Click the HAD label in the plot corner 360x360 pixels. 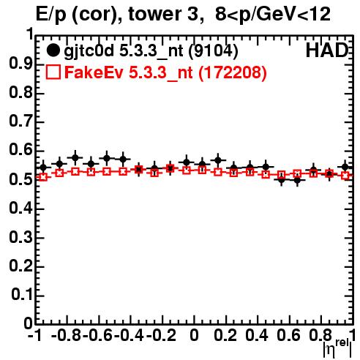pyautogui.click(x=327, y=50)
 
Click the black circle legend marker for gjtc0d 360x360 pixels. pyautogui.click(x=53, y=50)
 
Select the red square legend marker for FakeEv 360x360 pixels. pyautogui.click(x=53, y=72)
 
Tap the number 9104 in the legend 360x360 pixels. pyautogui.click(x=213, y=50)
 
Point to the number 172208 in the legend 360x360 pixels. pyautogui.click(x=233, y=72)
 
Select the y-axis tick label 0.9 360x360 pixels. pyautogui.click(x=20, y=64)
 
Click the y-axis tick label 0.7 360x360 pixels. pyautogui.click(x=20, y=121)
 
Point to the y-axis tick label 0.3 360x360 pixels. pyautogui.click(x=20, y=237)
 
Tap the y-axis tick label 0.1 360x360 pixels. pyautogui.click(x=22, y=295)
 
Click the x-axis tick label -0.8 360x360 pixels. pyautogui.click(x=67, y=335)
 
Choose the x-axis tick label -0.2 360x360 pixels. pyautogui.click(x=161, y=335)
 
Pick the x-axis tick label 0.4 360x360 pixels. pyautogui.click(x=257, y=335)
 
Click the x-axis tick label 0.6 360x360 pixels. pyautogui.click(x=288, y=335)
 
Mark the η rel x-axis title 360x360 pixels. pyautogui.click(x=337, y=348)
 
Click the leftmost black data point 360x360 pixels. pyautogui.click(x=43, y=168)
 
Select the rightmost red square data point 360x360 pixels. pyautogui.click(x=345, y=176)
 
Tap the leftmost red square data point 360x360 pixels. pyautogui.click(x=43, y=177)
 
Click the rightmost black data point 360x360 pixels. pyautogui.click(x=345, y=167)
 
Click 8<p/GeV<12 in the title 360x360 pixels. pyautogui.click(x=273, y=14)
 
